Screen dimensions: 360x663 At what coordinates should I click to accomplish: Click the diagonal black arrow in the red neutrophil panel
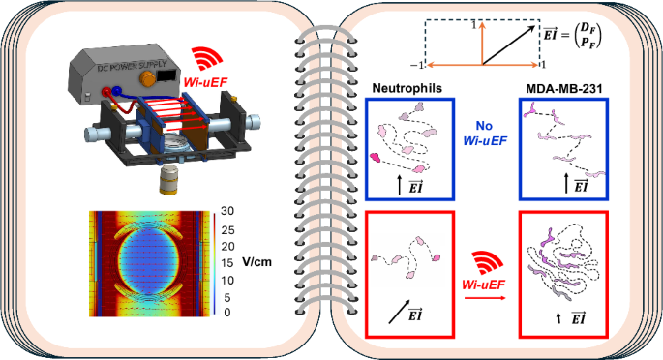405,310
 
